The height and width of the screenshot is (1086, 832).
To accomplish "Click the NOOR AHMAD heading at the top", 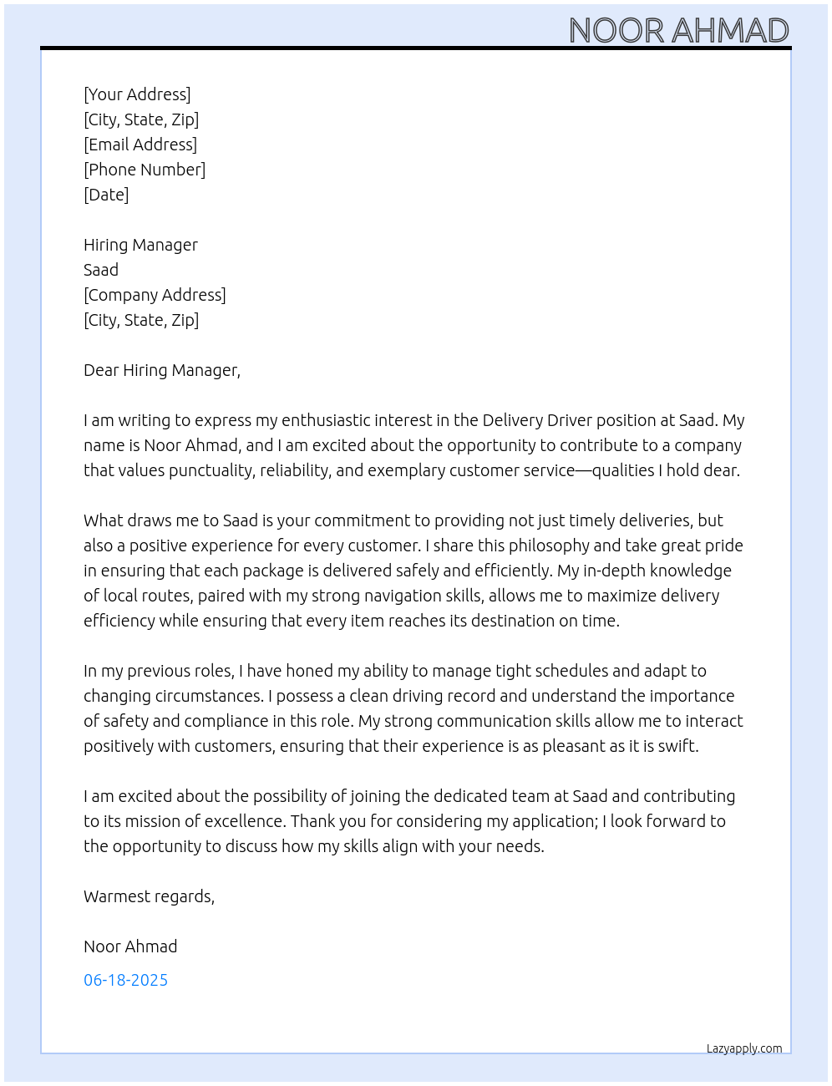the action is (678, 31).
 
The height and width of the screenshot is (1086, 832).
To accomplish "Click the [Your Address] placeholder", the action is (137, 94).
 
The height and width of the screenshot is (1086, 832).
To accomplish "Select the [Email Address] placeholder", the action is (140, 145).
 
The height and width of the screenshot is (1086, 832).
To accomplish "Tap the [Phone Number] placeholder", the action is (145, 170).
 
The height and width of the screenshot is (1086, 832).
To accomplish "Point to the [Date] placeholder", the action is (106, 195).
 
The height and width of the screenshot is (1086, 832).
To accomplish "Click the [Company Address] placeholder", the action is (155, 295).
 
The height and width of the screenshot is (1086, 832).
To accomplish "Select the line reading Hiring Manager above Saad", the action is (140, 245).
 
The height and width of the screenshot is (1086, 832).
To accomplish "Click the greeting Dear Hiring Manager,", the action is (162, 370).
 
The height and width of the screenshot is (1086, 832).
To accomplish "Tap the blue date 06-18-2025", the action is (125, 980).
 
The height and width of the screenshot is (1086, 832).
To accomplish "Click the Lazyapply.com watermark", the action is (744, 1048).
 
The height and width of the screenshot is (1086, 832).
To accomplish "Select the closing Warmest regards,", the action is (149, 896).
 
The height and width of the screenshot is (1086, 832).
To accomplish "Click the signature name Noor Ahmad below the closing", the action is (130, 946).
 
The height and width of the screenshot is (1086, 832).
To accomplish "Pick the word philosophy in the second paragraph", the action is (540, 546).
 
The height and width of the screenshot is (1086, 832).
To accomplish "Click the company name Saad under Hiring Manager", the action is (101, 270).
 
